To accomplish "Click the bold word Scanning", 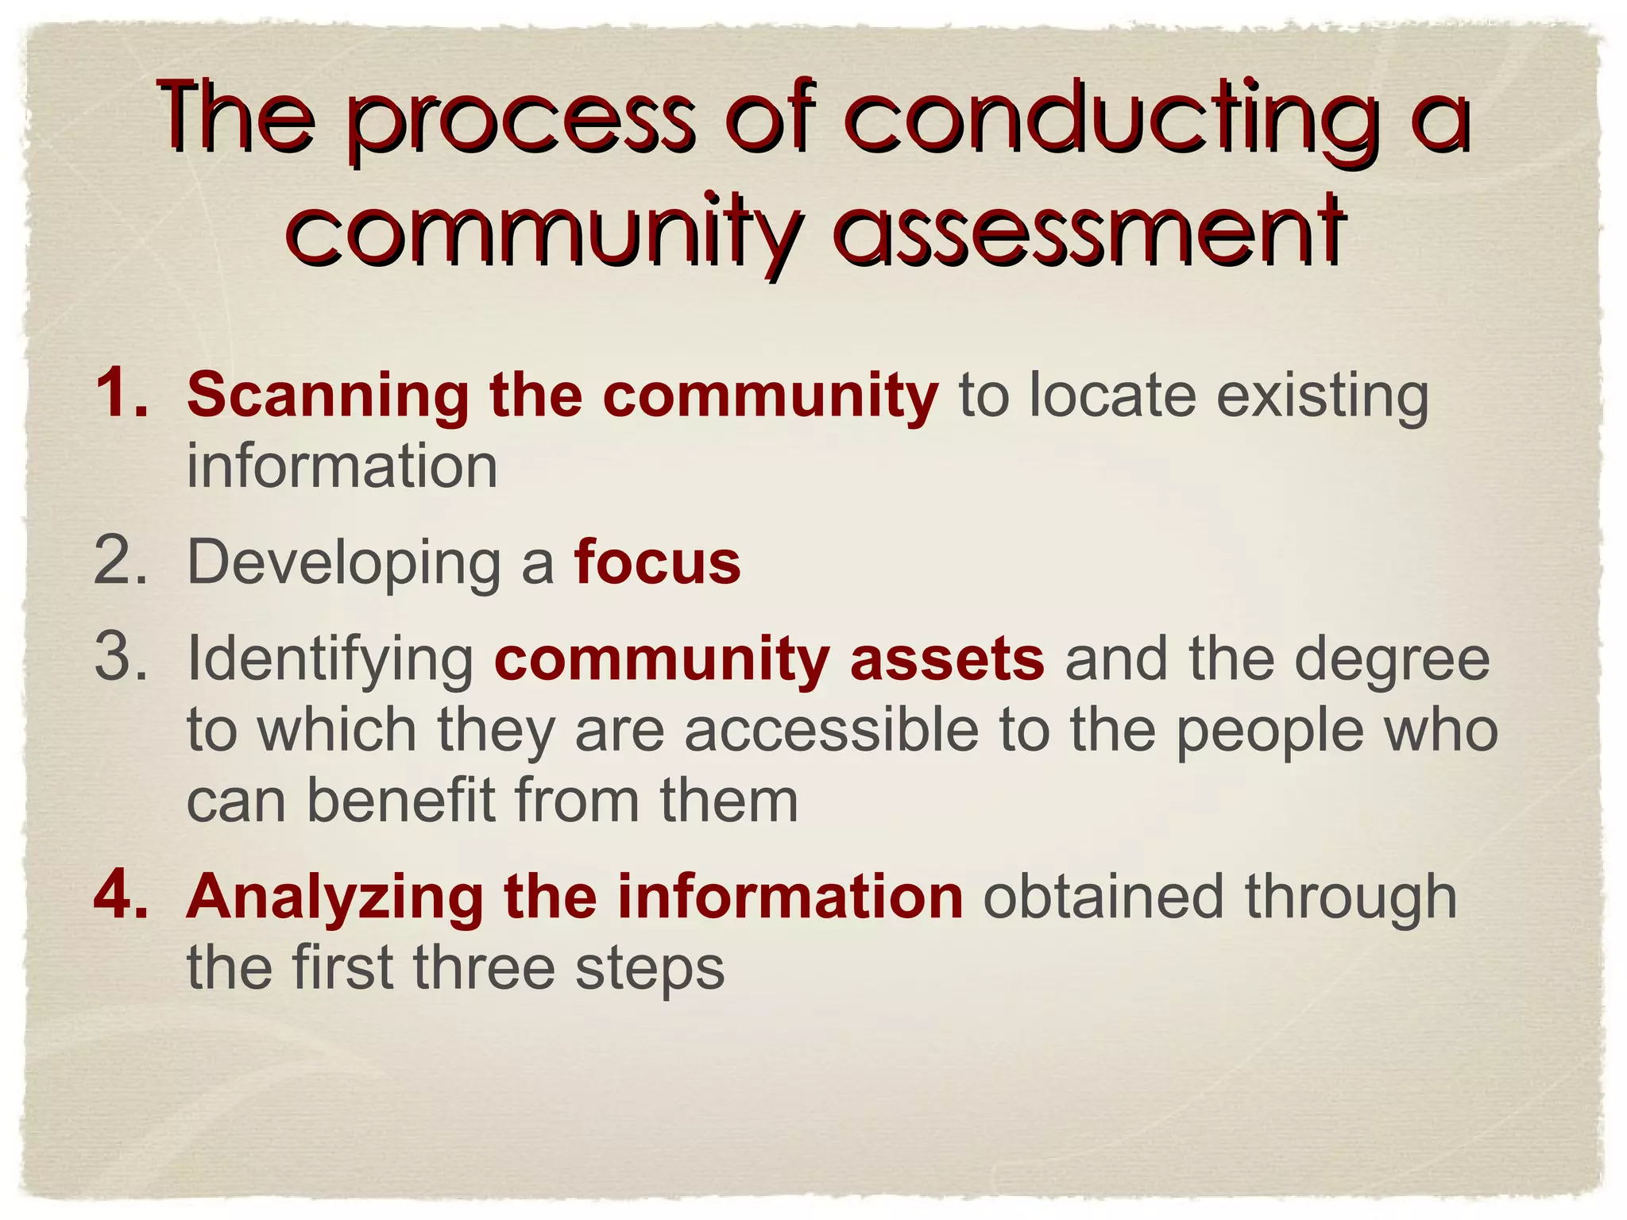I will click(328, 396).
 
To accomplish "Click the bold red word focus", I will click(657, 562).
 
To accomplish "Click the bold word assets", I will click(946, 660).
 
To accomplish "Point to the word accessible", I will click(831, 730).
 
